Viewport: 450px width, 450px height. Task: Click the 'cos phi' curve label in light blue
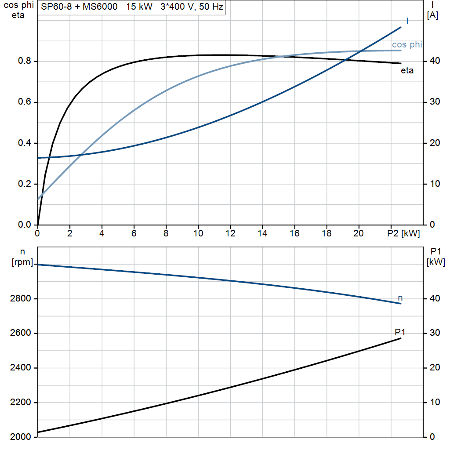click(406, 45)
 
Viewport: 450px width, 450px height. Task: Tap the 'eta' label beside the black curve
click(407, 70)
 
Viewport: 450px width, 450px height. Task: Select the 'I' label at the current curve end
click(407, 21)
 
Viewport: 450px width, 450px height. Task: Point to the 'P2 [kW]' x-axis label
click(403, 234)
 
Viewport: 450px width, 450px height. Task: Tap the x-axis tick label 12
click(230, 234)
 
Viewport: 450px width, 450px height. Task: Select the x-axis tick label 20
click(359, 234)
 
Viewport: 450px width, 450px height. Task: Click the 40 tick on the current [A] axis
click(434, 61)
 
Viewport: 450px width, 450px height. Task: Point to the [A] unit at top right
click(432, 16)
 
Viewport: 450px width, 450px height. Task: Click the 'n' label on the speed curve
click(400, 298)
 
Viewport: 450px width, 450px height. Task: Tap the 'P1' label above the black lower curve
click(400, 332)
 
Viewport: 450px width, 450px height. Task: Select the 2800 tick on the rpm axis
click(19, 299)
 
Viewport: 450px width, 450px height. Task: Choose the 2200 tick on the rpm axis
click(19, 403)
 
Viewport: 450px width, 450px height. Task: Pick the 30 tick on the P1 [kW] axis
click(434, 333)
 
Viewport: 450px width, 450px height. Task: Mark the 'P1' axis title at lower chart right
click(435, 251)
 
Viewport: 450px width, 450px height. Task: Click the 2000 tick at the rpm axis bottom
click(19, 437)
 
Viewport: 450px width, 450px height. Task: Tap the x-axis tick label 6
click(134, 234)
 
